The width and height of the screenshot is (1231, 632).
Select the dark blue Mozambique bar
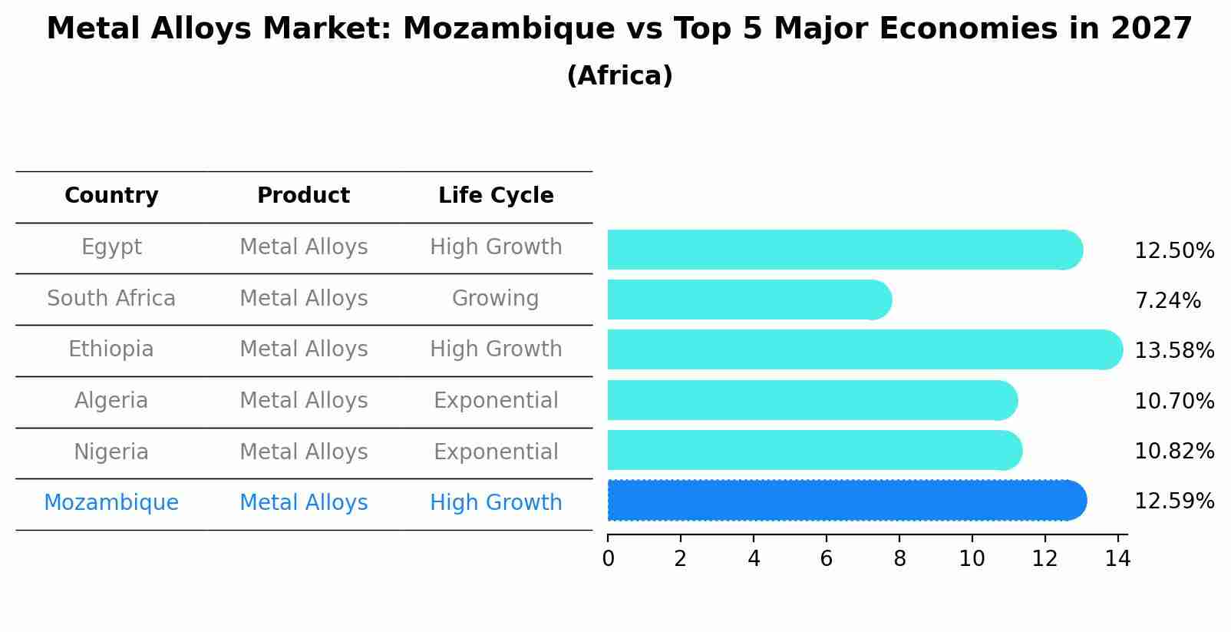click(x=844, y=501)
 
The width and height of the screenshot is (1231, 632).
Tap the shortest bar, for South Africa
click(x=748, y=299)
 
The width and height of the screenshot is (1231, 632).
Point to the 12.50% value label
click(x=1173, y=251)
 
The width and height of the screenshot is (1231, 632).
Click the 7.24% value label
click(x=1167, y=301)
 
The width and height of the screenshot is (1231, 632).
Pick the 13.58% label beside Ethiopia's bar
click(x=1173, y=351)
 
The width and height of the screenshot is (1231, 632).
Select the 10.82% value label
click(x=1173, y=452)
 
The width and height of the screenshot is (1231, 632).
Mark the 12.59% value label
click(x=1173, y=501)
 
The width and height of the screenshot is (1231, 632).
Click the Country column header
click(x=111, y=196)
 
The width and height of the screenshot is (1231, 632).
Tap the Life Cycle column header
click(x=496, y=196)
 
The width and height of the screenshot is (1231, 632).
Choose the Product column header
click(x=303, y=196)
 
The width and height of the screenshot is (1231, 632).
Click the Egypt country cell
click(x=111, y=247)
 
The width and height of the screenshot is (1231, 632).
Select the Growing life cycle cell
click(x=495, y=299)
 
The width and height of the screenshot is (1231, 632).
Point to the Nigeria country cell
click(x=111, y=452)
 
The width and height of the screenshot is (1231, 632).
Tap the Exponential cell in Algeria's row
click(x=496, y=401)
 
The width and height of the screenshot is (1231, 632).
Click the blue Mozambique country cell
click(x=111, y=503)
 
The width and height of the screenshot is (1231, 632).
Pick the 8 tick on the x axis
click(x=899, y=559)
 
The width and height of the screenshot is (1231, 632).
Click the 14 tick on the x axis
click(x=1117, y=559)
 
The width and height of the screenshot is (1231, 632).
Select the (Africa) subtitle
click(x=619, y=76)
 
